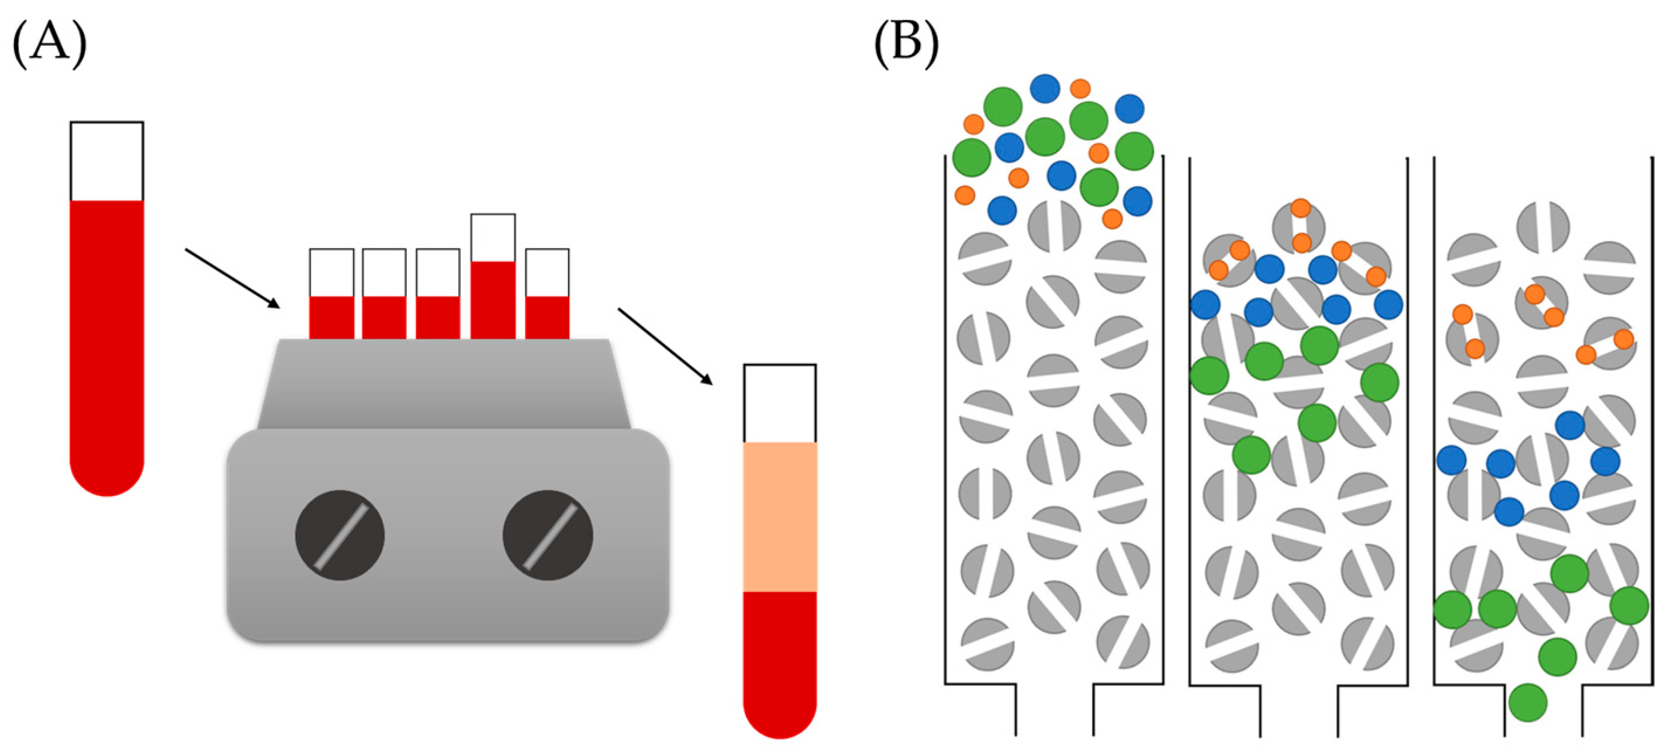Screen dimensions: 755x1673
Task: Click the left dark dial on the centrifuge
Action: [x=340, y=535]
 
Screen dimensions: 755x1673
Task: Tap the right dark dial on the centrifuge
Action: [x=548, y=535]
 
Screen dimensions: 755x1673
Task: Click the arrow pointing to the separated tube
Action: [x=665, y=346]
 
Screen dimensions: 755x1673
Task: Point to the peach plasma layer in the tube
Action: [x=779, y=516]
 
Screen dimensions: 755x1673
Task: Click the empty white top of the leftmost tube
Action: [x=107, y=161]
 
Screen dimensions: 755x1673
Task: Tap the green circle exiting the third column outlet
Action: [x=1527, y=702]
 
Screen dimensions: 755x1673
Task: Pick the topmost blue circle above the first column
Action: [x=1045, y=88]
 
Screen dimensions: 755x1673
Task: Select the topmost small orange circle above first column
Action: [x=1080, y=88]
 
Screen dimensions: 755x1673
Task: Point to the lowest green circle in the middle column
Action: [x=1251, y=454]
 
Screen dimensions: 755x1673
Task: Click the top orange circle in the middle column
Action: [x=1300, y=208]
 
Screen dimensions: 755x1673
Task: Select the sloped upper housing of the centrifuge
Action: [x=444, y=383]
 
